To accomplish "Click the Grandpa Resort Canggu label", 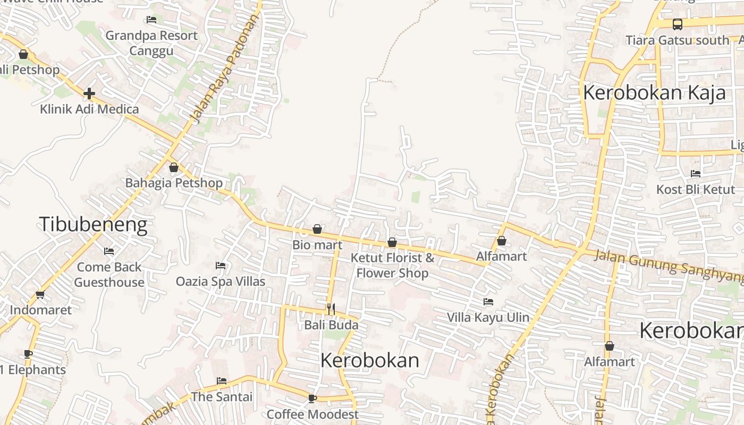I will (x=151, y=43).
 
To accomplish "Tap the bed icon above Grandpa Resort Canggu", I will (x=151, y=20).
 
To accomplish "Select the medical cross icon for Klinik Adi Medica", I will (x=89, y=94).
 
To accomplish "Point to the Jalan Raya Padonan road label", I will (x=225, y=68).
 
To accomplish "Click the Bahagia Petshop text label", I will (x=174, y=183).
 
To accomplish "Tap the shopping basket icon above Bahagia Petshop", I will (x=174, y=168).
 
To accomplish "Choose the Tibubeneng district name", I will (x=93, y=224).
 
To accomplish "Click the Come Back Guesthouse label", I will (x=109, y=275).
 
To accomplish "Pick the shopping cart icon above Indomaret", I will (x=40, y=294).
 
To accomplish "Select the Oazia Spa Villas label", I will (x=221, y=281).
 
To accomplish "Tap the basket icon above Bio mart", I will (x=317, y=229).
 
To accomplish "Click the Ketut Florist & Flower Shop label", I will (x=392, y=266).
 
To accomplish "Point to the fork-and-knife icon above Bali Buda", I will (x=331, y=309).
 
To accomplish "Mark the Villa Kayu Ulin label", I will (x=488, y=318).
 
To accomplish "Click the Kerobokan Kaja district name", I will (x=654, y=92).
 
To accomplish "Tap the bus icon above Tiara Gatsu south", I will (x=678, y=24).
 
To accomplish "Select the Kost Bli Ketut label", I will (x=696, y=190).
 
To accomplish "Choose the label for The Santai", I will (x=222, y=397).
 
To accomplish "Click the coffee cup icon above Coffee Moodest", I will (x=312, y=398).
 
